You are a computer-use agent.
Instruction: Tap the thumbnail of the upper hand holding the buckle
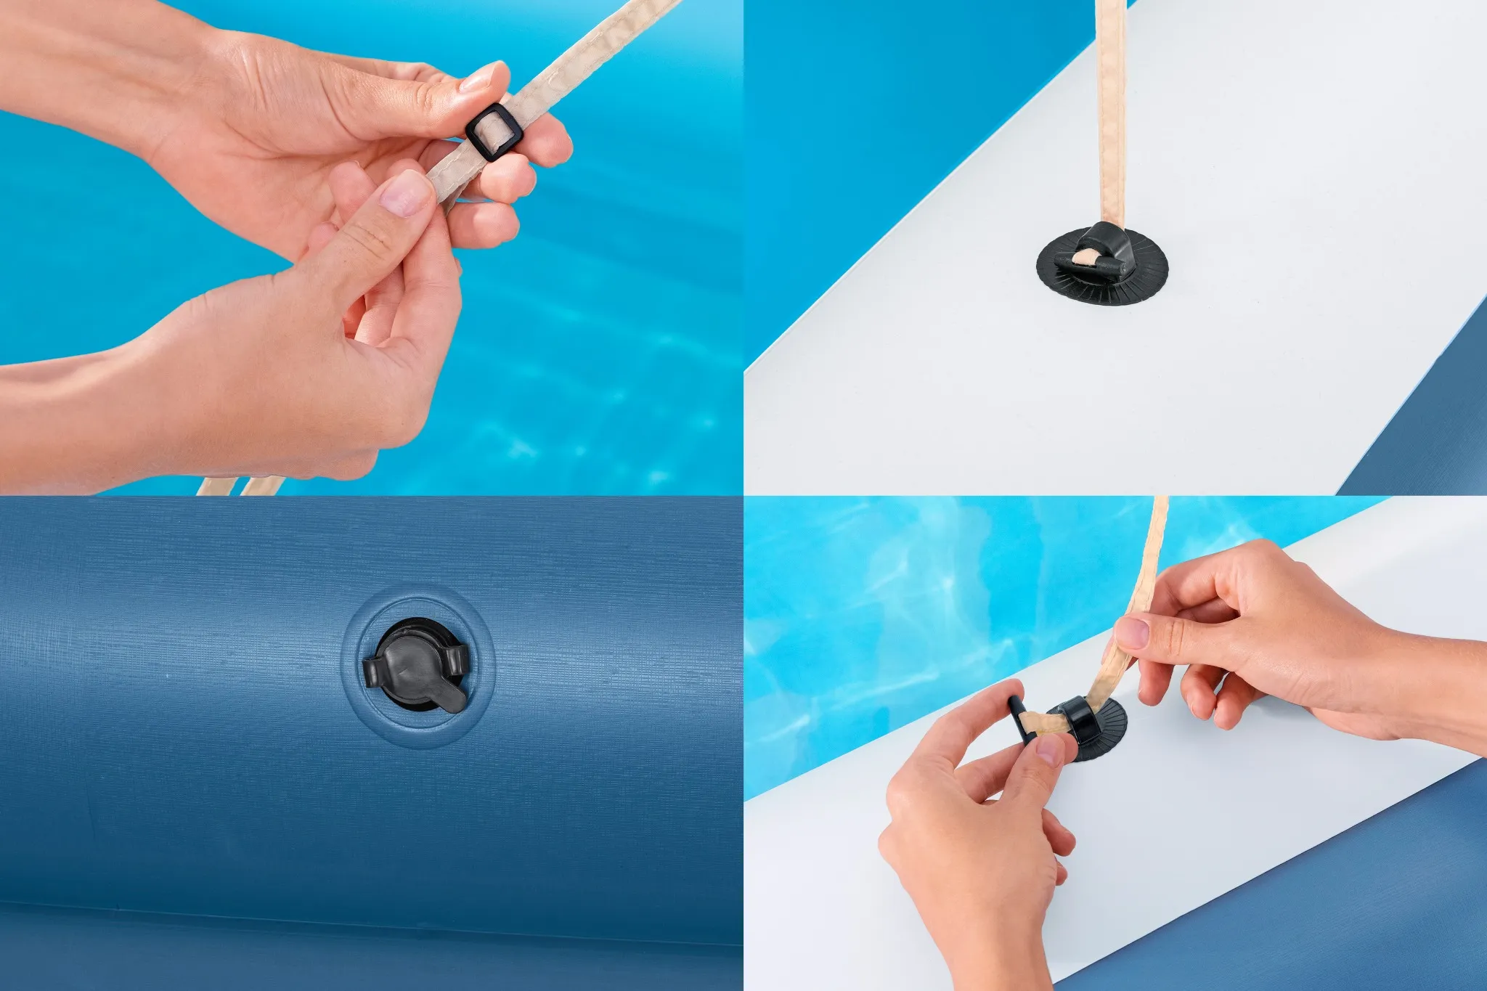click(477, 80)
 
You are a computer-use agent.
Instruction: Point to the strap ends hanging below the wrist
click(240, 485)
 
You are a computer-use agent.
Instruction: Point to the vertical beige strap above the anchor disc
click(1109, 109)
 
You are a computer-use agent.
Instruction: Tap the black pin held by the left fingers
click(1018, 719)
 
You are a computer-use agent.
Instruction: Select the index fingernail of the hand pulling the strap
click(1132, 631)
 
